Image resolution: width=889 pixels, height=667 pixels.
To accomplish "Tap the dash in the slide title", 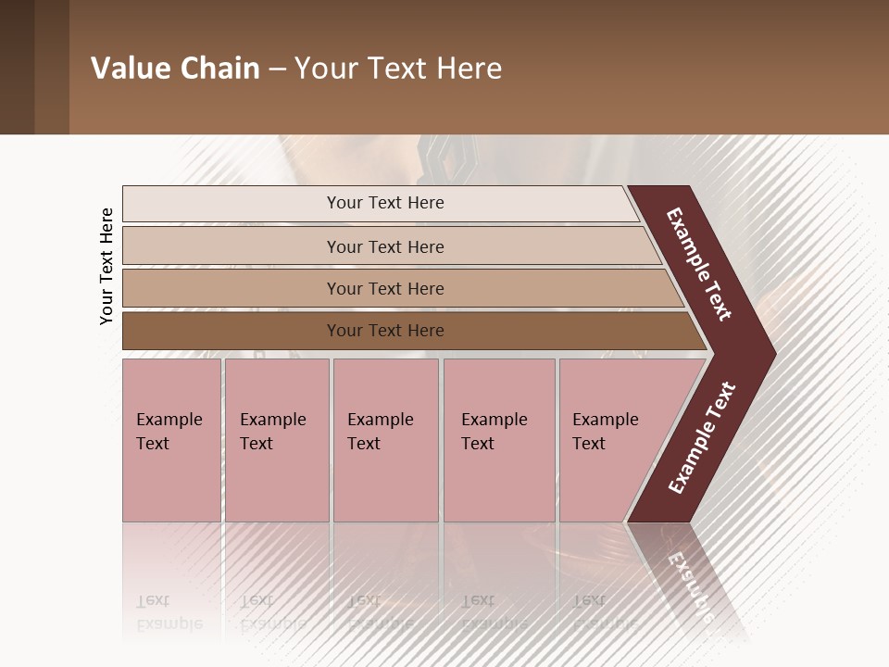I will pyautogui.click(x=277, y=69).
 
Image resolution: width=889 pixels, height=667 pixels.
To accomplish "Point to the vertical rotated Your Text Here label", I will pyautogui.click(x=107, y=266).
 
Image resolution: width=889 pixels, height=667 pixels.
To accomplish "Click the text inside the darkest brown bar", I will pyautogui.click(x=385, y=331).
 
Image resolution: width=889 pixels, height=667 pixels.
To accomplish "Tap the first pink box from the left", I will pyautogui.click(x=171, y=440).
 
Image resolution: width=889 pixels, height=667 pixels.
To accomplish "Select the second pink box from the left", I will pyautogui.click(x=276, y=440).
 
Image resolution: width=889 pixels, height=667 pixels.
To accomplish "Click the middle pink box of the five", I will pyautogui.click(x=385, y=440).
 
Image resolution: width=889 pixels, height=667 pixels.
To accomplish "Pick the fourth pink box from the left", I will pyautogui.click(x=498, y=440).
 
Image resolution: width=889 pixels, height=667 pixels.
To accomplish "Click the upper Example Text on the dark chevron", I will pyautogui.click(x=699, y=264).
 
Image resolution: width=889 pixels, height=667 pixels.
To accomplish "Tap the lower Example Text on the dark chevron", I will pyautogui.click(x=702, y=437).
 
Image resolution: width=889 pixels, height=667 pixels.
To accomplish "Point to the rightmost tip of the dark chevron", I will pyautogui.click(x=774, y=353).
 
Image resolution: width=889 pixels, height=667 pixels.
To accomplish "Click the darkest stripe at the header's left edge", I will pyautogui.click(x=17, y=68).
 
